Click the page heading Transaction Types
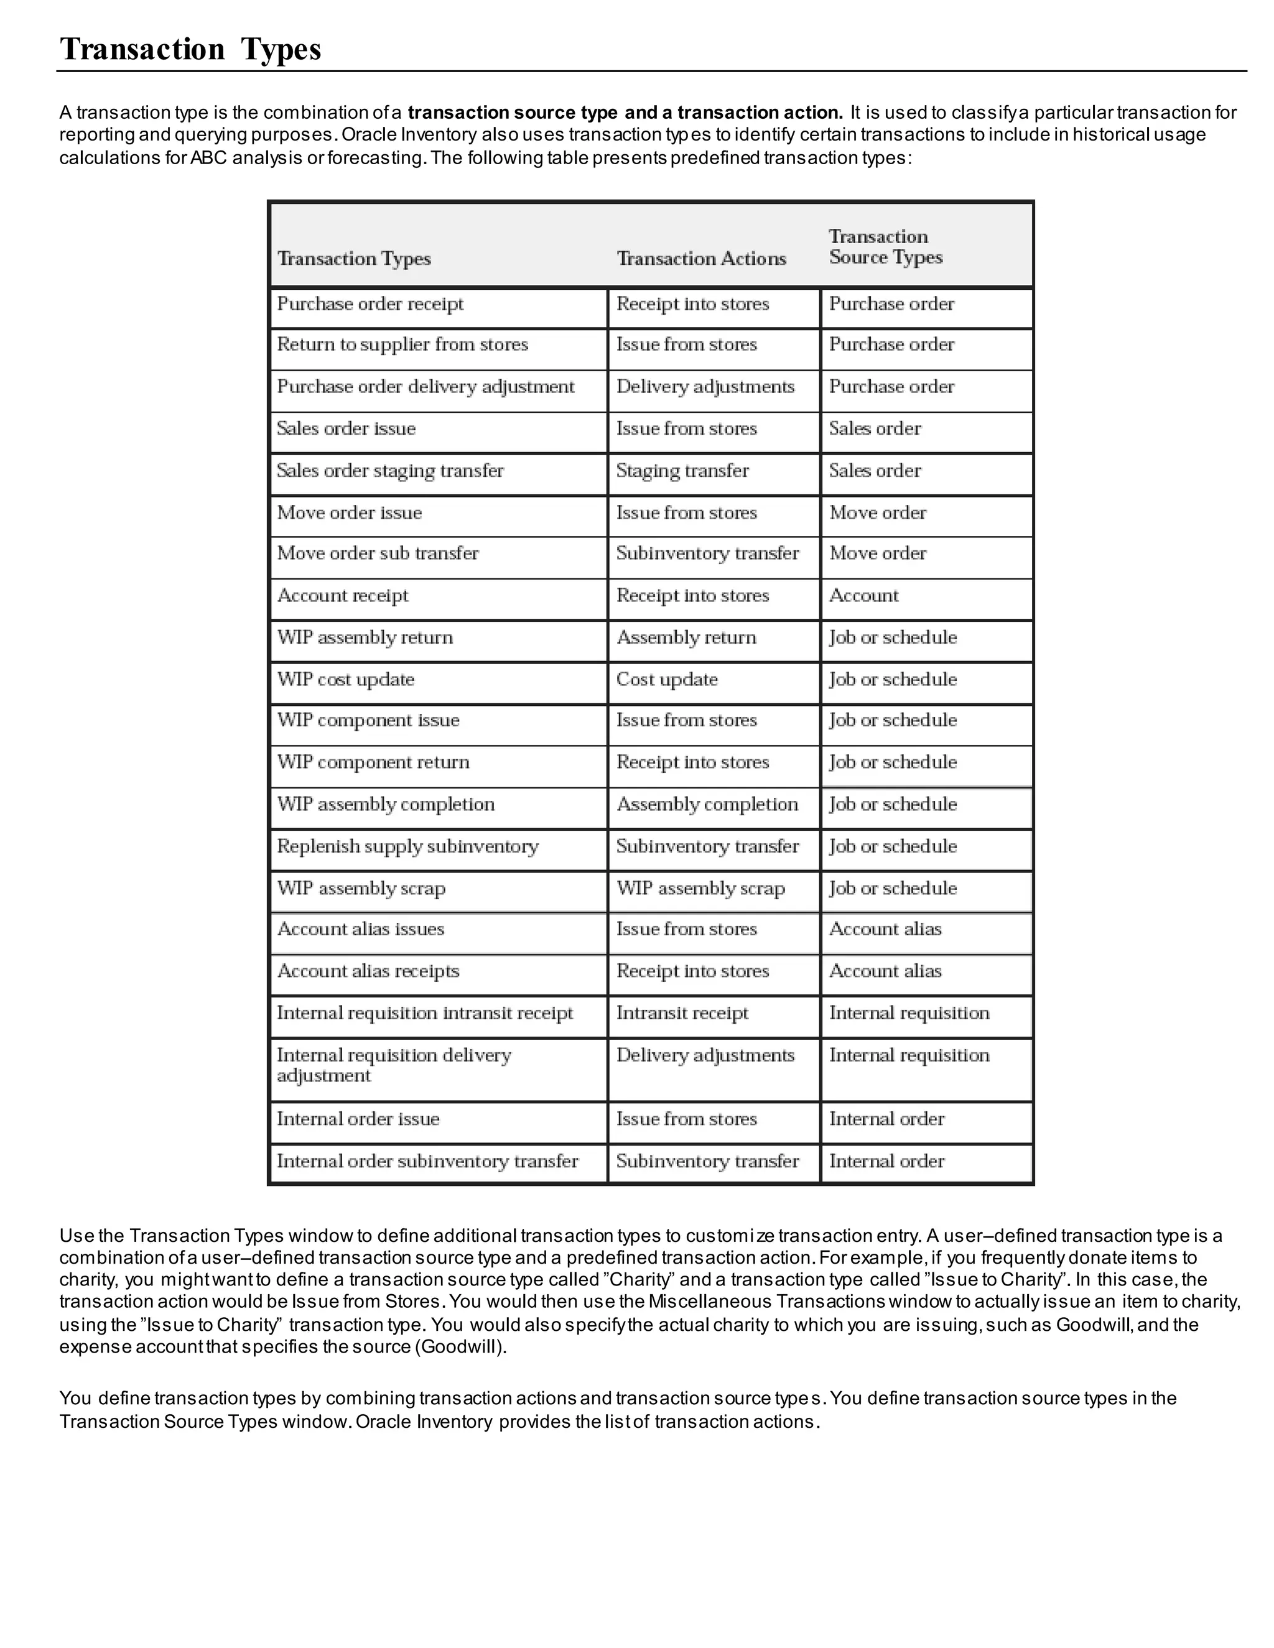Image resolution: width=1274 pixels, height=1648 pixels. point(190,49)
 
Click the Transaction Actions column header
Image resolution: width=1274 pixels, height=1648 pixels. point(701,259)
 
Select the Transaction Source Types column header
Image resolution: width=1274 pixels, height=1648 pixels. point(885,247)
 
